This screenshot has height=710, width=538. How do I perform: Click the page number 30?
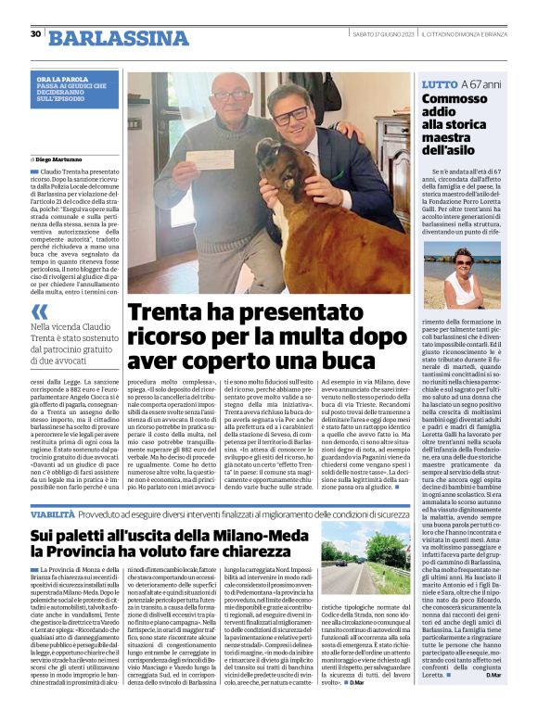coord(35,34)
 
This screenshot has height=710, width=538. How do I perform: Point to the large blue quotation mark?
coord(40,311)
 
